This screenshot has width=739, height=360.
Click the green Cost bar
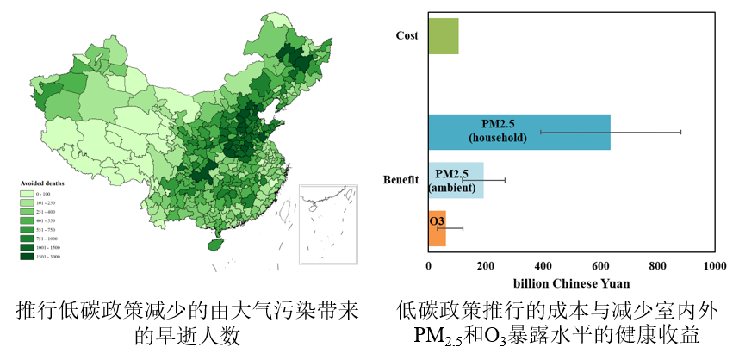pos(444,36)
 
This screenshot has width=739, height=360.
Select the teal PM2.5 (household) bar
pos(519,132)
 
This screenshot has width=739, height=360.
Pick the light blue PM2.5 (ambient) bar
pos(456,180)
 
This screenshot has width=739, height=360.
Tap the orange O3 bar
pos(437,228)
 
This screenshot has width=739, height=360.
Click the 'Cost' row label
pos(407,35)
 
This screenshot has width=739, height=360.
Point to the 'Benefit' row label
pos(401,180)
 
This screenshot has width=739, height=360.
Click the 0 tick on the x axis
pos(429,267)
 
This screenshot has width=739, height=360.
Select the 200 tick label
pos(486,267)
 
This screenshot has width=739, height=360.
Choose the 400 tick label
pos(543,267)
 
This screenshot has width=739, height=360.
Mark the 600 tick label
pos(600,267)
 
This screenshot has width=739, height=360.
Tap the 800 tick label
pos(657,267)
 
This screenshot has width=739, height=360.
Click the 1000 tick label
pos(713,267)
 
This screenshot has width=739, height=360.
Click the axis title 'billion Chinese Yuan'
pos(571,283)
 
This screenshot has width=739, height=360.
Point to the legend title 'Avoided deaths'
pos(42,183)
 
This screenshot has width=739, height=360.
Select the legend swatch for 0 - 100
pos(28,193)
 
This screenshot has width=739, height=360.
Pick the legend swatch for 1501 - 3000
pos(28,257)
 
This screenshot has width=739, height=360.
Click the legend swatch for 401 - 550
pos(28,220)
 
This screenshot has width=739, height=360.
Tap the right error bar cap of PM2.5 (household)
pos(680,132)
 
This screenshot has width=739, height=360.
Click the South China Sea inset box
pos(328,224)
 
